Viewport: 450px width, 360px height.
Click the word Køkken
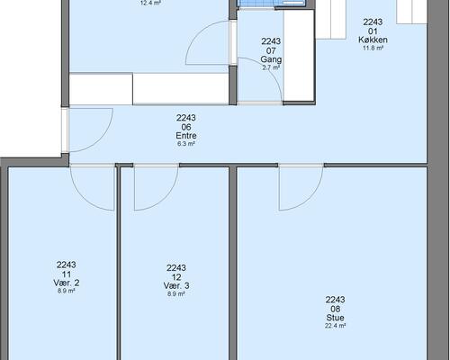coord(373,40)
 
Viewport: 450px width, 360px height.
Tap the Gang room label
coord(271,59)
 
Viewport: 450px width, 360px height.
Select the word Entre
coord(186,136)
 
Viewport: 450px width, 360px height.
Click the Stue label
coord(335,318)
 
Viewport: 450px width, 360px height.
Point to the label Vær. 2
coord(67,283)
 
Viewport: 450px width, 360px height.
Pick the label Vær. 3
coord(176,285)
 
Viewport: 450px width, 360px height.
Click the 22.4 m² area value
coord(335,326)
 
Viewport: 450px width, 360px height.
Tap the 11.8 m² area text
coord(373,48)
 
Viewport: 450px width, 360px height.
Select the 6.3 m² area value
coord(186,144)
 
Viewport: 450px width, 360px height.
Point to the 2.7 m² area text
coord(271,67)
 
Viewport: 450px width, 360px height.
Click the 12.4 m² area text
coord(150,4)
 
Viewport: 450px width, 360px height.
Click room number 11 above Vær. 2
coord(67,274)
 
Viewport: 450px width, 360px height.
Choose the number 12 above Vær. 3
coord(176,277)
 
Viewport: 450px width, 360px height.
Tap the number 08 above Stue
coord(335,309)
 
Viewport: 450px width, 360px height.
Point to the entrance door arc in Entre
coord(101,139)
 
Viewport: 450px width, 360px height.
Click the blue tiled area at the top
coord(272,3)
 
